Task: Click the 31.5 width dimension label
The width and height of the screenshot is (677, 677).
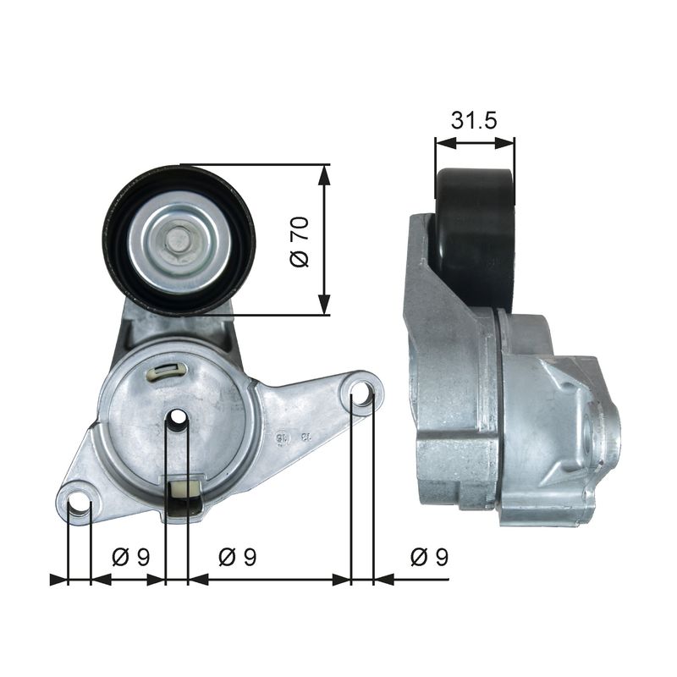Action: pyautogui.click(x=473, y=121)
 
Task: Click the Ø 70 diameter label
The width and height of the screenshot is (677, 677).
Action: pyautogui.click(x=300, y=241)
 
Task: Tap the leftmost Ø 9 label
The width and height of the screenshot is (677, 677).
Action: pyautogui.click(x=131, y=556)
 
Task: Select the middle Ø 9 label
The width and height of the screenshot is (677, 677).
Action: pyautogui.click(x=238, y=556)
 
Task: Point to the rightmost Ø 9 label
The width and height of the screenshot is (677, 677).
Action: pyautogui.click(x=429, y=556)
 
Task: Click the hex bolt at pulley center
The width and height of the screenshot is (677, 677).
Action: pyautogui.click(x=179, y=240)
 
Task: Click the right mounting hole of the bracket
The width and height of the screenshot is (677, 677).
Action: pyautogui.click(x=361, y=394)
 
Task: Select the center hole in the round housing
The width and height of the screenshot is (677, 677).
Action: pyautogui.click(x=177, y=418)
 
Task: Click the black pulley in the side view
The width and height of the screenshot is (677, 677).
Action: pyautogui.click(x=474, y=237)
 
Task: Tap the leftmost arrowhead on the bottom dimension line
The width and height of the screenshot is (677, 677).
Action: pyautogui.click(x=58, y=580)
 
